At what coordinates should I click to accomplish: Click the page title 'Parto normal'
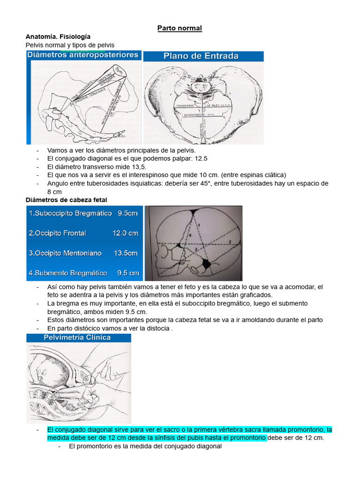(x=180, y=28)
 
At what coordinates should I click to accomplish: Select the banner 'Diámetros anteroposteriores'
(x=83, y=55)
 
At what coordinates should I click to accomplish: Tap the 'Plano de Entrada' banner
(x=201, y=56)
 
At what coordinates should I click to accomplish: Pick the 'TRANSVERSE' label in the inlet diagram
(x=185, y=106)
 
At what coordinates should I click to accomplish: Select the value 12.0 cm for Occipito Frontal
(x=125, y=233)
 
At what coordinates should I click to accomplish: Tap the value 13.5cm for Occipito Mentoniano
(x=126, y=253)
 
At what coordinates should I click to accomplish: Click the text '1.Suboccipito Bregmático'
(x=70, y=213)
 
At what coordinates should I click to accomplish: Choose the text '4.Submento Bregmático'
(x=68, y=273)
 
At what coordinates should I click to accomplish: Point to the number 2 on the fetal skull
(x=230, y=241)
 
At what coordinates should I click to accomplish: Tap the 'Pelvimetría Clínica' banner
(x=77, y=337)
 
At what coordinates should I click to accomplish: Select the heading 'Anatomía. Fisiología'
(x=58, y=37)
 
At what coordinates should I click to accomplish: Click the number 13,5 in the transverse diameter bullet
(x=137, y=166)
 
